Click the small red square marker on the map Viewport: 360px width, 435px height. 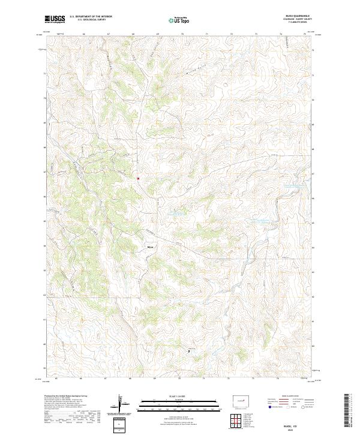pos(138,178)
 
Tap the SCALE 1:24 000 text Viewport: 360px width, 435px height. pos(179,396)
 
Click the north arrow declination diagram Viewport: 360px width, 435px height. pos(120,403)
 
